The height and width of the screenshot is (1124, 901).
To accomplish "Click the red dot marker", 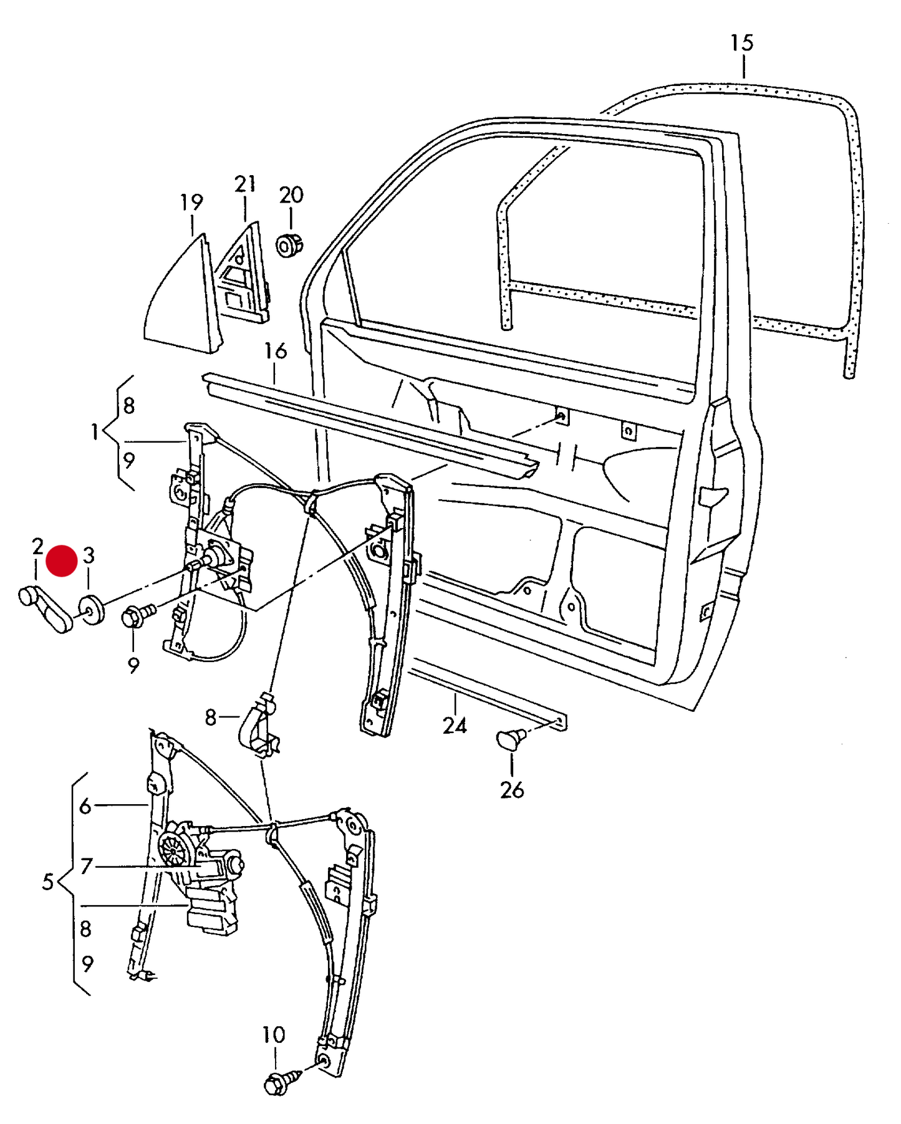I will coord(62,560).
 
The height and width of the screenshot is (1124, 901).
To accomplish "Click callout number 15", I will coord(742,43).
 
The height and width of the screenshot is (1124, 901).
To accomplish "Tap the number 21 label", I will coord(245,184).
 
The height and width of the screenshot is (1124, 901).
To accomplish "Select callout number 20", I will coord(291,195).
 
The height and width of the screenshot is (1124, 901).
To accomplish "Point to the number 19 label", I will coord(191,202).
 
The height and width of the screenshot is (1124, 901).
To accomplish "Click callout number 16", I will coord(275,351).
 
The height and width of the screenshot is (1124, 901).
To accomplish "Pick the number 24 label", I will coord(455,726).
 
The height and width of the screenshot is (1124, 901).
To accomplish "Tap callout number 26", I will coord(512,790).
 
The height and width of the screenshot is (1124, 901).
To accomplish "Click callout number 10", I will coord(274,1035).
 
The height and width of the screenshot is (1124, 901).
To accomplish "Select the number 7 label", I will coord(86,866).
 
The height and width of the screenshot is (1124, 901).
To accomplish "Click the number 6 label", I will coord(85,806).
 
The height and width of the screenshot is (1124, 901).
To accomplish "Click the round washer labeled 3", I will coord(92,609).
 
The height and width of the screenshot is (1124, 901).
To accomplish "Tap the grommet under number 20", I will coord(289,245).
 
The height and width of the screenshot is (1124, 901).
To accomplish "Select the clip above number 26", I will coord(511,739).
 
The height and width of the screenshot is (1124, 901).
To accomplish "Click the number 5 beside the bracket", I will coord(48,882).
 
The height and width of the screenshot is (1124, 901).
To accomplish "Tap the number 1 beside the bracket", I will coord(95,431).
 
